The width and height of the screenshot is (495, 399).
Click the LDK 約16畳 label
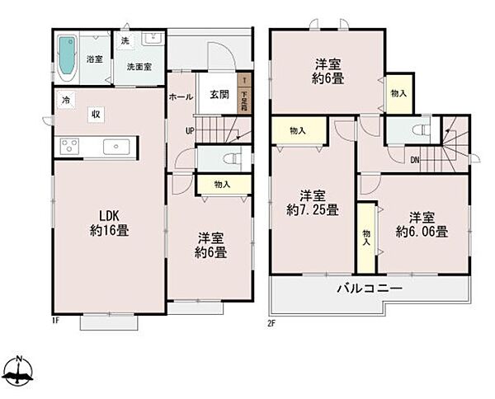point(109,223)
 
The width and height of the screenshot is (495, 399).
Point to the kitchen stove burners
point(67,148)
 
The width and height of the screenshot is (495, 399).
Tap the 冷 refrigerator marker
point(64,100)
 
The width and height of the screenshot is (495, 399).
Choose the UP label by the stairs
point(189,131)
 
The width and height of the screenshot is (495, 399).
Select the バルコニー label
point(369,289)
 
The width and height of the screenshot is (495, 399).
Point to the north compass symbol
point(20,373)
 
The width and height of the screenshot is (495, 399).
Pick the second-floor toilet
point(418,130)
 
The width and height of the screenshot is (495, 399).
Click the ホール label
point(181,96)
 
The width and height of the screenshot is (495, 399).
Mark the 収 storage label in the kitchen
point(96,115)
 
